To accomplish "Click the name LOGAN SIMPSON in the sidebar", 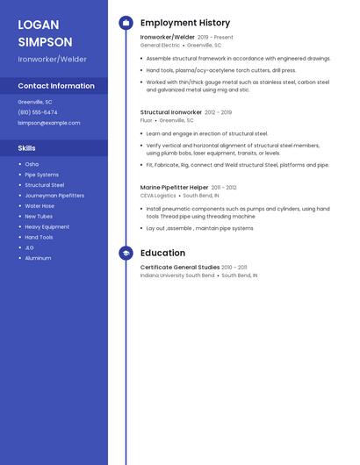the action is [x=46, y=32].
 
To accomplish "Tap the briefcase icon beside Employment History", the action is [x=126, y=23].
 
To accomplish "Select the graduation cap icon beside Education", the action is [x=126, y=253].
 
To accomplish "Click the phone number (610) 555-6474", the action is [x=38, y=112].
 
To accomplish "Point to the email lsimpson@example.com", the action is [x=49, y=123].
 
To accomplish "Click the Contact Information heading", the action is [x=56, y=86].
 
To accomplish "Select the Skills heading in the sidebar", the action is [x=27, y=148].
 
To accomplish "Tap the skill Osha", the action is [x=32, y=164].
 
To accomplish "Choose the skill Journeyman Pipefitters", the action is [x=54, y=196].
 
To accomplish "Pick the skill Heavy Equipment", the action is [x=47, y=227].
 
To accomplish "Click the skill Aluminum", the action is [x=38, y=258].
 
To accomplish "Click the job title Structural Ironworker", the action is [x=171, y=112].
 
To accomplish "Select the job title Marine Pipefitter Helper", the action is [x=175, y=187].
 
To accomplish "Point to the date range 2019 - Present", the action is [x=215, y=38].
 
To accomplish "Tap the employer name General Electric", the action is [x=160, y=45].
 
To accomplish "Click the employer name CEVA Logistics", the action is [x=158, y=195].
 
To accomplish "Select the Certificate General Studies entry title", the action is [x=180, y=267].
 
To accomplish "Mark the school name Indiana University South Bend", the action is [x=177, y=275].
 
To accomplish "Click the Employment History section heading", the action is [x=185, y=23].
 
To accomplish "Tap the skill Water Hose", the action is [x=40, y=206].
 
